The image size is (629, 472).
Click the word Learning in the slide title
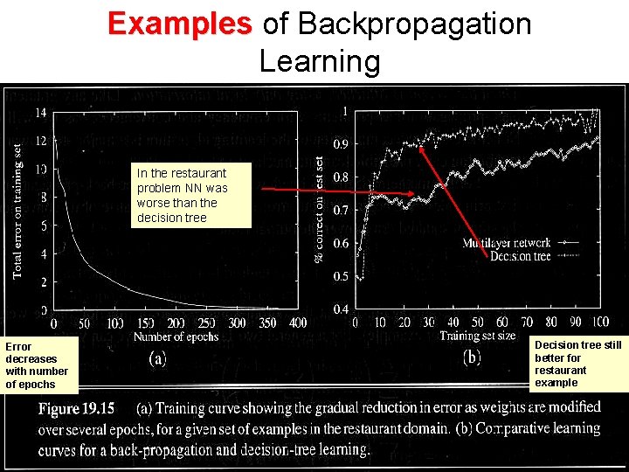pyautogui.click(x=320, y=61)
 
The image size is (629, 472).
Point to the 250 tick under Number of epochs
pyautogui.click(x=206, y=324)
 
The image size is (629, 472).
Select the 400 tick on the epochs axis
pyautogui.click(x=299, y=324)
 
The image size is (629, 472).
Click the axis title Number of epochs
pyautogui.click(x=175, y=337)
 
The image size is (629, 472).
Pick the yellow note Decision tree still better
pyautogui.click(x=577, y=364)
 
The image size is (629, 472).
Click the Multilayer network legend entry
pyautogui.click(x=507, y=243)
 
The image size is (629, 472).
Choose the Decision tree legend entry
pyautogui.click(x=521, y=255)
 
